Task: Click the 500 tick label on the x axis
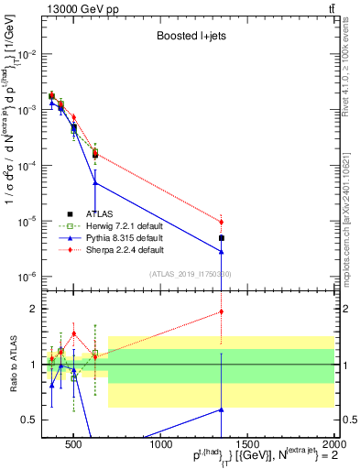pos(74,445)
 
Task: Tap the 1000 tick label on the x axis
pos(161,445)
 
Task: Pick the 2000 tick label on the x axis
pos(333,445)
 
